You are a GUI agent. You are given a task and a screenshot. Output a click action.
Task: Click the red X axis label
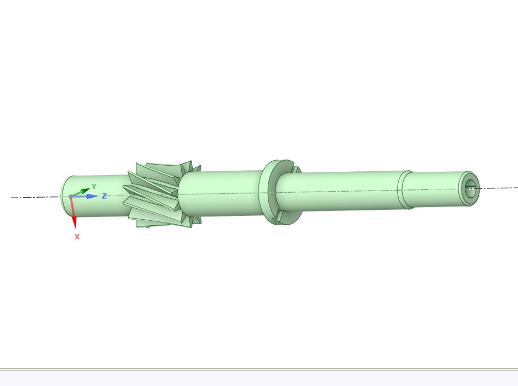point(77,237)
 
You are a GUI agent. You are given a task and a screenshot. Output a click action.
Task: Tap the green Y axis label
point(94,186)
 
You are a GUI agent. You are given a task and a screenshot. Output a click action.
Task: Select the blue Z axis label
point(104,196)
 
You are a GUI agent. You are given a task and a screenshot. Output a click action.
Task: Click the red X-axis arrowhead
point(74,222)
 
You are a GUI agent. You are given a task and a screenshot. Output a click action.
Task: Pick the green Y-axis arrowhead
point(85,191)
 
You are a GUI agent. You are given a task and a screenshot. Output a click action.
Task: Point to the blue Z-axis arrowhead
point(92,196)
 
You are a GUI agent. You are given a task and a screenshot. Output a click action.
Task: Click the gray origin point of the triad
point(71,197)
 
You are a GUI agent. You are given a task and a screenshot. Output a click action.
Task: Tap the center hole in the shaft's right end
point(470,189)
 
